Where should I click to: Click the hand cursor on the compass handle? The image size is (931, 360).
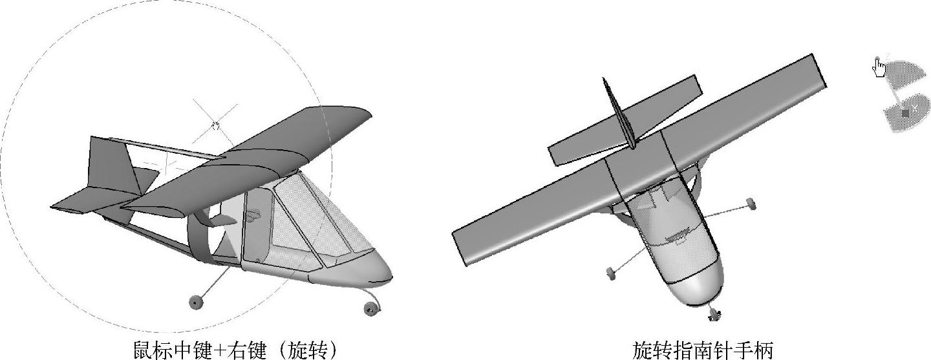pyautogui.click(x=879, y=67)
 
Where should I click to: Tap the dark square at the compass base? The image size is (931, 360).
pyautogui.click(x=905, y=113)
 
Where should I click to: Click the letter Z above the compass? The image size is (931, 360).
pyautogui.click(x=888, y=56)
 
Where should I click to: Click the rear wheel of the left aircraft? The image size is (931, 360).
pyautogui.click(x=195, y=301)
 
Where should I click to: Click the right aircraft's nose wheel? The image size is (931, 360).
pyautogui.click(x=714, y=314)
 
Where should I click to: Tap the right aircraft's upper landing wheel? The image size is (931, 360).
pyautogui.click(x=751, y=204)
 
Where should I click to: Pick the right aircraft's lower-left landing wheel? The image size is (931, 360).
pyautogui.click(x=611, y=274)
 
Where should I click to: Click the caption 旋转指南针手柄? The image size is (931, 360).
pyautogui.click(x=702, y=350)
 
